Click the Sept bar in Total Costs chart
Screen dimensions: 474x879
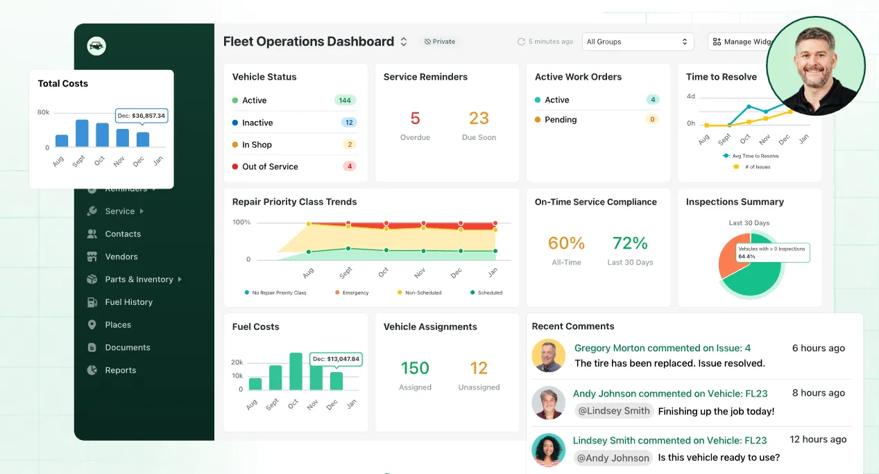click(x=82, y=133)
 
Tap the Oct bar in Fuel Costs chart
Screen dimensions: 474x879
click(x=296, y=371)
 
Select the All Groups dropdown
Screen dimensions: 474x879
click(x=638, y=42)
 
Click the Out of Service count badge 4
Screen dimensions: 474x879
click(x=350, y=166)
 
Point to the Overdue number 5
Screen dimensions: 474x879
click(x=416, y=119)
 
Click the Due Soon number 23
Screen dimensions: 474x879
click(x=479, y=119)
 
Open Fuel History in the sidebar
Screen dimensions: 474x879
click(x=128, y=302)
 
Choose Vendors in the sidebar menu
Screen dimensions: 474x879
click(x=121, y=256)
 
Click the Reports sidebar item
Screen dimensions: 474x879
click(x=120, y=370)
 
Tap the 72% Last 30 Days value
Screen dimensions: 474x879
click(x=630, y=243)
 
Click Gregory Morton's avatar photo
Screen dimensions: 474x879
click(x=548, y=355)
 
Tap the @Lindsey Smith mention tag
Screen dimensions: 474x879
click(x=614, y=411)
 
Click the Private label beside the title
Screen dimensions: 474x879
click(x=440, y=42)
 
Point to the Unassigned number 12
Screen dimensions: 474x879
click(x=479, y=368)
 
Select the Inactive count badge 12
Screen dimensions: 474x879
click(x=349, y=123)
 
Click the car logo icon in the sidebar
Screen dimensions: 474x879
click(x=96, y=46)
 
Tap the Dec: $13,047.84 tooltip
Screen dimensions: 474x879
click(x=336, y=359)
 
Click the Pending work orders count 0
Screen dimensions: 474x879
click(x=651, y=119)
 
